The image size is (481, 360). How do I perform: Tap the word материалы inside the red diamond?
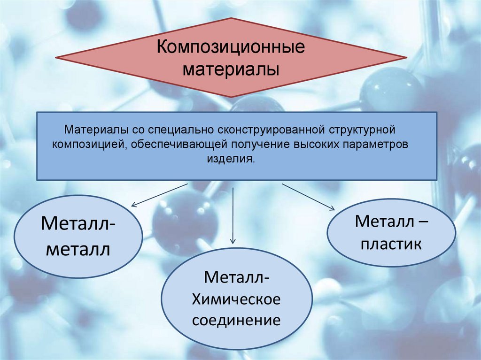click(231, 70)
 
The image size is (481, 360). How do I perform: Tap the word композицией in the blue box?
click(88, 144)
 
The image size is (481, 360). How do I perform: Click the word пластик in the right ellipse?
click(391, 244)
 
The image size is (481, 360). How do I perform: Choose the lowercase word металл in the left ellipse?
click(78, 249)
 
